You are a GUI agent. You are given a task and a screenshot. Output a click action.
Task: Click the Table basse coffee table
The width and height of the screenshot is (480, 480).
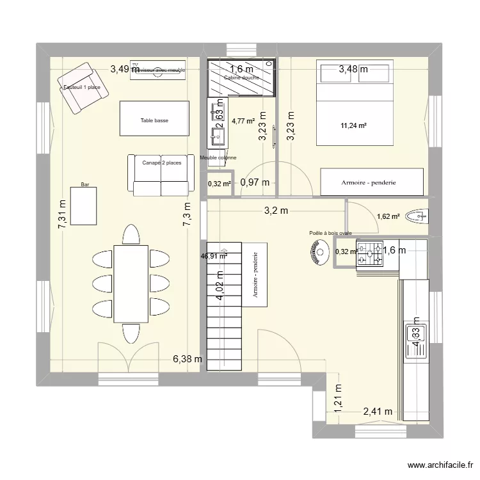point(154,120)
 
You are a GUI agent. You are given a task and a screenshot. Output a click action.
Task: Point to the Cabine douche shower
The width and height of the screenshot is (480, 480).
point(241,78)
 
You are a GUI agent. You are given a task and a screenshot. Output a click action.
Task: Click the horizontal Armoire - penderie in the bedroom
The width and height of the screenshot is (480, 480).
point(372,182)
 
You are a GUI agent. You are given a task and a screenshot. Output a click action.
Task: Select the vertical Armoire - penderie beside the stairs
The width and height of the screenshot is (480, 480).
point(255,275)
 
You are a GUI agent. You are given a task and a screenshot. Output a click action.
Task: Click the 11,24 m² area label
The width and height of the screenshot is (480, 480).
point(354,126)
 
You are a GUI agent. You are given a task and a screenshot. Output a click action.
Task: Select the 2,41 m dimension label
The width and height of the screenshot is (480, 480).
point(378,412)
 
